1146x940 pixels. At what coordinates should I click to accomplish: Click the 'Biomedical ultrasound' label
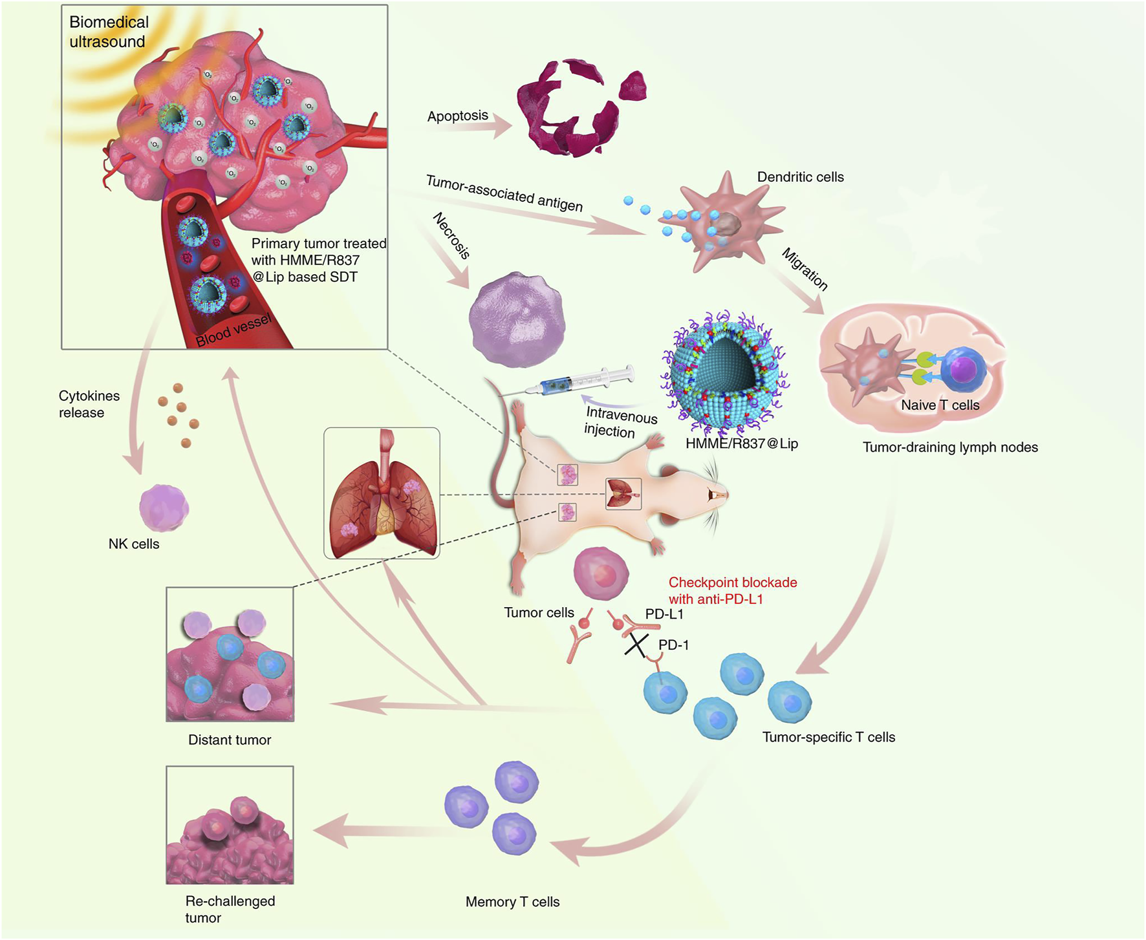point(109,32)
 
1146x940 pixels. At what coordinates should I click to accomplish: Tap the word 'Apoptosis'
point(457,116)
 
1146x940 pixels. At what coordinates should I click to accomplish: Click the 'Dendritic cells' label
point(800,177)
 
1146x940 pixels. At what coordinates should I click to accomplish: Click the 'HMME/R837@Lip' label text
point(741,443)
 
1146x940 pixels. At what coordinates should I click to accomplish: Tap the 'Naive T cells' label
point(940,405)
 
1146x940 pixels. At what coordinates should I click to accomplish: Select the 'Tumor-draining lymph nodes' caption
point(949,447)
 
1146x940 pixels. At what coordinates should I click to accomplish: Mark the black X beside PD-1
point(636,645)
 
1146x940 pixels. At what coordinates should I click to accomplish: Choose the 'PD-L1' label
point(664,614)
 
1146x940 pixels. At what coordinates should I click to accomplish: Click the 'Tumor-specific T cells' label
point(828,737)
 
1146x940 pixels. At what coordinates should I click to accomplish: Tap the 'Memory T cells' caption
point(512,902)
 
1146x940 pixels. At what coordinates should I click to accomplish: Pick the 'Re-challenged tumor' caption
point(230,909)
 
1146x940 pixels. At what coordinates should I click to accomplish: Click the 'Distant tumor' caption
point(230,740)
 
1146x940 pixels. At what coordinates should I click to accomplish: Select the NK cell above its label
point(164,508)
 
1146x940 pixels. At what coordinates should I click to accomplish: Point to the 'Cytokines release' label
point(89,404)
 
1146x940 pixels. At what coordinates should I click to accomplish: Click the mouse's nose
point(726,495)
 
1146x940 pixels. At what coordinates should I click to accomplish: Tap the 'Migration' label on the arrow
point(805,269)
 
